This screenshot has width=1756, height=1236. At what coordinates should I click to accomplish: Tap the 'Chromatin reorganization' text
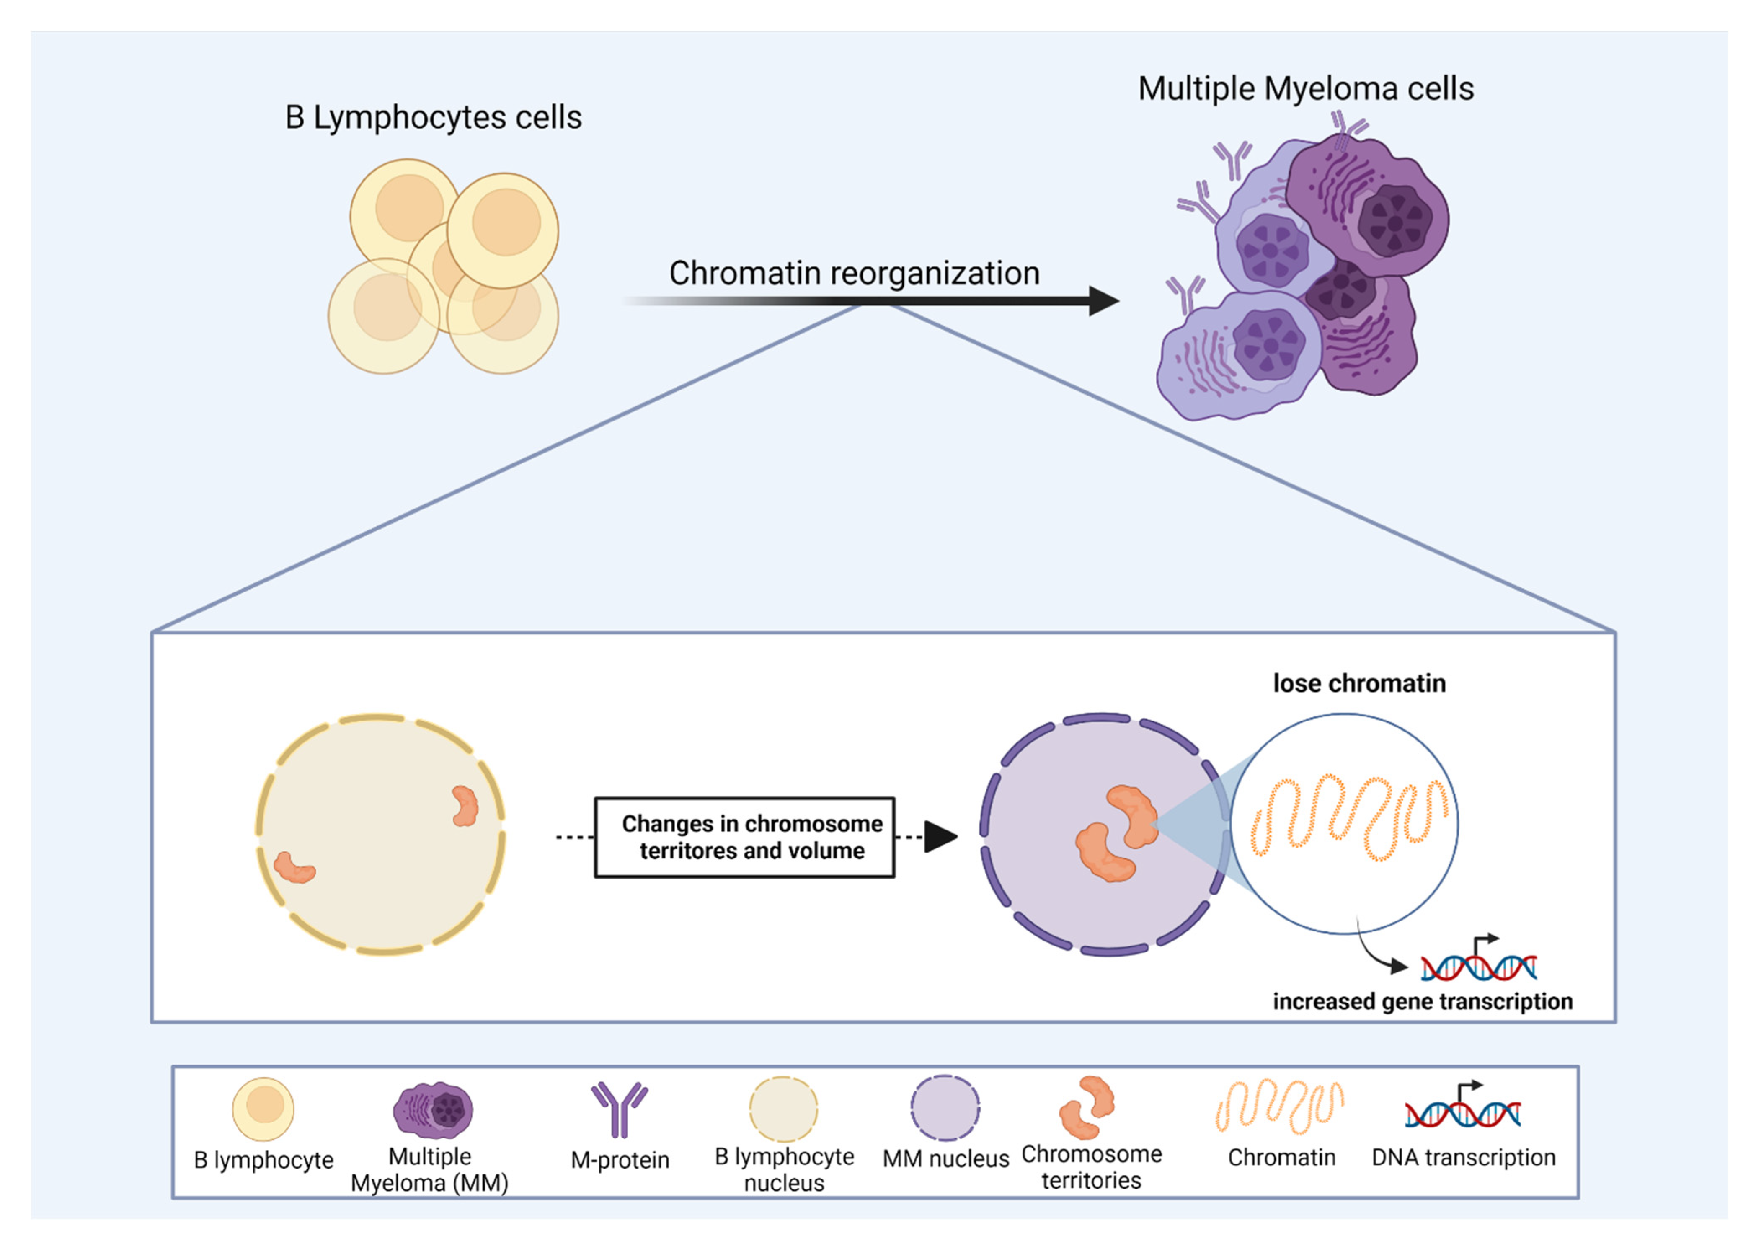tap(854, 273)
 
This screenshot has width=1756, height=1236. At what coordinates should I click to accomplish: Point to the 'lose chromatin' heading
tap(1358, 683)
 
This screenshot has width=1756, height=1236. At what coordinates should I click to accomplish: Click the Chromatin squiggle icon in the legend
tap(1280, 1106)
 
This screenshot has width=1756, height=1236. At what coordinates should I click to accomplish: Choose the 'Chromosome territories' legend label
tap(1091, 1166)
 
